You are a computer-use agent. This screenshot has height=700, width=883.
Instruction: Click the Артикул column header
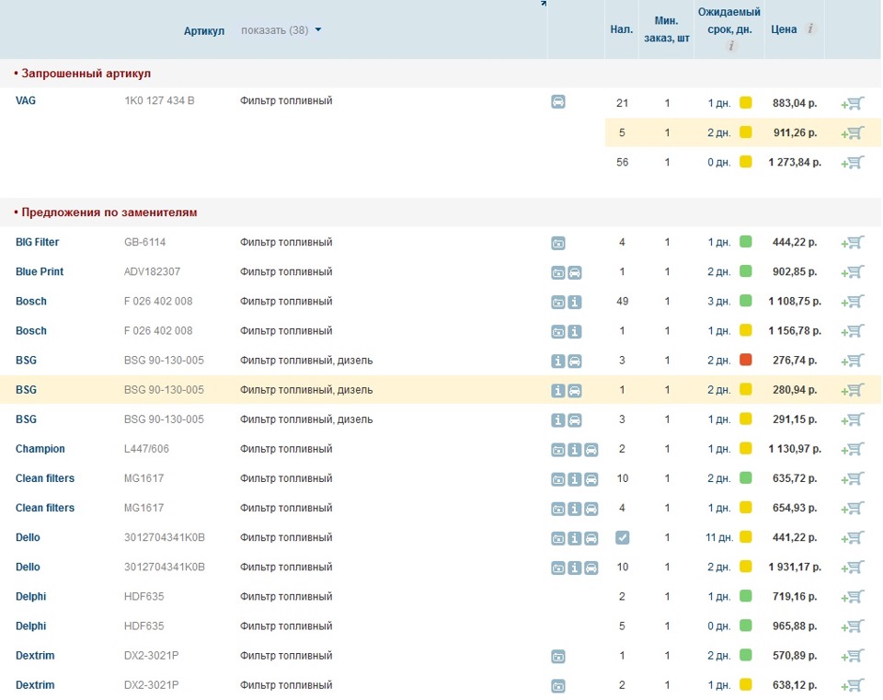pos(204,30)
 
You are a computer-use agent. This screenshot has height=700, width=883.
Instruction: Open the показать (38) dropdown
pos(281,29)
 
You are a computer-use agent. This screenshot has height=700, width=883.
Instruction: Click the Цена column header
pos(784,29)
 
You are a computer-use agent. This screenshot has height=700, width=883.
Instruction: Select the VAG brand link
pos(26,101)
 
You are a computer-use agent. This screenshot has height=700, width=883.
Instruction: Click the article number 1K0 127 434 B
pos(159,101)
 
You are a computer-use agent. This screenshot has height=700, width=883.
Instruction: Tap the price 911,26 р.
pos(795,132)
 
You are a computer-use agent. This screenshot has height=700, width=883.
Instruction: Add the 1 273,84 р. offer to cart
pos(853,162)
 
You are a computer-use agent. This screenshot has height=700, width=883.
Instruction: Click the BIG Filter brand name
pos(37,242)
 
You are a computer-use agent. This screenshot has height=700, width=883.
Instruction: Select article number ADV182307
pos(152,271)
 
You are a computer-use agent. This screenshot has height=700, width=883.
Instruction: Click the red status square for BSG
pos(746,360)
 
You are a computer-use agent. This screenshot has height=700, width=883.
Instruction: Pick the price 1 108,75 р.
pos(795,302)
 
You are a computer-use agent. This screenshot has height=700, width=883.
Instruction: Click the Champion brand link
pos(40,449)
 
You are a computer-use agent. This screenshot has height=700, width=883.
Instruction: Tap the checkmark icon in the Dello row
pos(623,537)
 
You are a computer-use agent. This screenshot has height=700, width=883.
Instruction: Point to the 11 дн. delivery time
pos(719,537)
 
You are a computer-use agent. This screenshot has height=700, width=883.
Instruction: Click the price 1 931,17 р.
pos(795,568)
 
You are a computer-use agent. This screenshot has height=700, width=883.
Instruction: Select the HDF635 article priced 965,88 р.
pos(144,626)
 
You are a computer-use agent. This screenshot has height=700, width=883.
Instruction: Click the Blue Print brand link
pos(40,271)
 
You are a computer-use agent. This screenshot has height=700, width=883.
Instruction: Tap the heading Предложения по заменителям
pos(109,212)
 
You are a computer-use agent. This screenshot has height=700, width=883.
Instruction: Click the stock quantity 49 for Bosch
pos(623,302)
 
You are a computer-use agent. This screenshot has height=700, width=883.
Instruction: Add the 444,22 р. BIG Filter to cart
pos(853,243)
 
